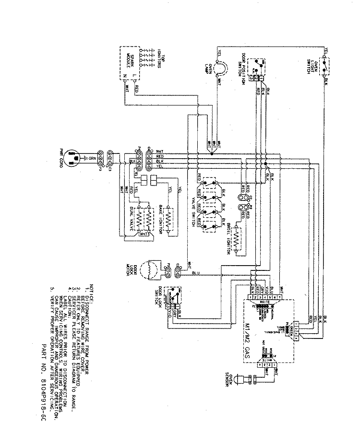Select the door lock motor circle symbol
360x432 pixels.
click(152, 269)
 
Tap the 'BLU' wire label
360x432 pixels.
click(195, 273)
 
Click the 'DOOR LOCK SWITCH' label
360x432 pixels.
click(158, 298)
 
